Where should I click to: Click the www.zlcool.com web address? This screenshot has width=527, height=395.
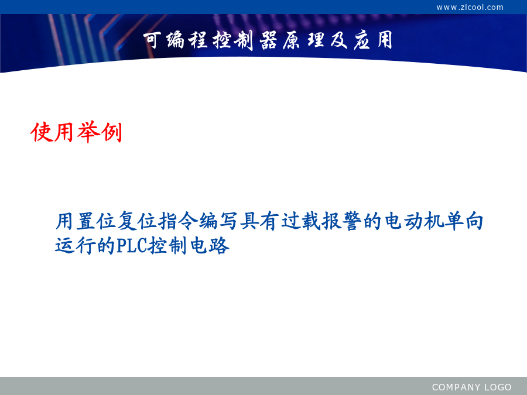pos(470,7)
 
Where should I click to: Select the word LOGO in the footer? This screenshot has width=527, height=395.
pos(498,387)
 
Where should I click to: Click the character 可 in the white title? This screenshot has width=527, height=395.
pos(152,40)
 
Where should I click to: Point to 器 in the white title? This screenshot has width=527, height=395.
pos(268,40)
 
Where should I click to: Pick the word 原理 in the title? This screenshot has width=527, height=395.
pos(303,40)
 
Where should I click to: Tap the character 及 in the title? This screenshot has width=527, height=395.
pos(339,40)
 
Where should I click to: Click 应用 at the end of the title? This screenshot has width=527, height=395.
pos(373,40)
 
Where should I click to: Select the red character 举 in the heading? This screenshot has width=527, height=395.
pos(88,132)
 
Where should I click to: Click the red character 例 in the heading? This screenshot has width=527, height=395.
pos(111,132)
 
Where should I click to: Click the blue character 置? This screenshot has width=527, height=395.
pos(86,221)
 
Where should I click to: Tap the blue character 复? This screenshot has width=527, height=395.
pos(127,221)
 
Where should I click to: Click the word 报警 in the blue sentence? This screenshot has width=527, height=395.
pos(342,221)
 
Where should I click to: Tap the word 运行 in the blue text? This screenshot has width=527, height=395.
pos(76,246)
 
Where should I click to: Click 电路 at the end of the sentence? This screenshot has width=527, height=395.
pos(210,246)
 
